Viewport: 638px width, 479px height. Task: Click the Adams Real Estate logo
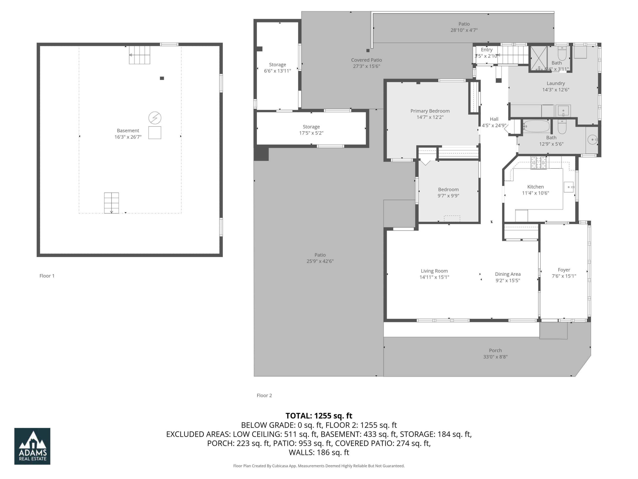(32, 446)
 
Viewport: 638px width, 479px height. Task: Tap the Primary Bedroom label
(430, 111)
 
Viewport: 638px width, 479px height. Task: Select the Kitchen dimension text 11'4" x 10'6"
(535, 193)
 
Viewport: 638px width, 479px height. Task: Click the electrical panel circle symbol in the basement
(155, 118)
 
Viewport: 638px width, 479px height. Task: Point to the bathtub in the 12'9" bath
(537, 126)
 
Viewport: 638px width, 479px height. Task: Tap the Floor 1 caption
(47, 276)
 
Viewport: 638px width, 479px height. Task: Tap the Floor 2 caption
(264, 395)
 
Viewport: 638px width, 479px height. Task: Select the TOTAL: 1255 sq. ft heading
(319, 416)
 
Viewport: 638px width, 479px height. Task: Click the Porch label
(495, 350)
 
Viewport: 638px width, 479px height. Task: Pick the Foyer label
(564, 270)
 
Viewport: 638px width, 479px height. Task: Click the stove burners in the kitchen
(538, 163)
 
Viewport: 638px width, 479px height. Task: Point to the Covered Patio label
(366, 60)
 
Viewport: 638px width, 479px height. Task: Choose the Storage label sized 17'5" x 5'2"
(311, 127)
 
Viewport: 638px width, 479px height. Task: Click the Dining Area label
(508, 274)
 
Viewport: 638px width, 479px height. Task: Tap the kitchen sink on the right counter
(569, 187)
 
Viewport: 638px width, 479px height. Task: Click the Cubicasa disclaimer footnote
(319, 466)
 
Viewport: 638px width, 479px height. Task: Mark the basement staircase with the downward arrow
(111, 203)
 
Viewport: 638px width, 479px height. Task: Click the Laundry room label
(555, 83)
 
